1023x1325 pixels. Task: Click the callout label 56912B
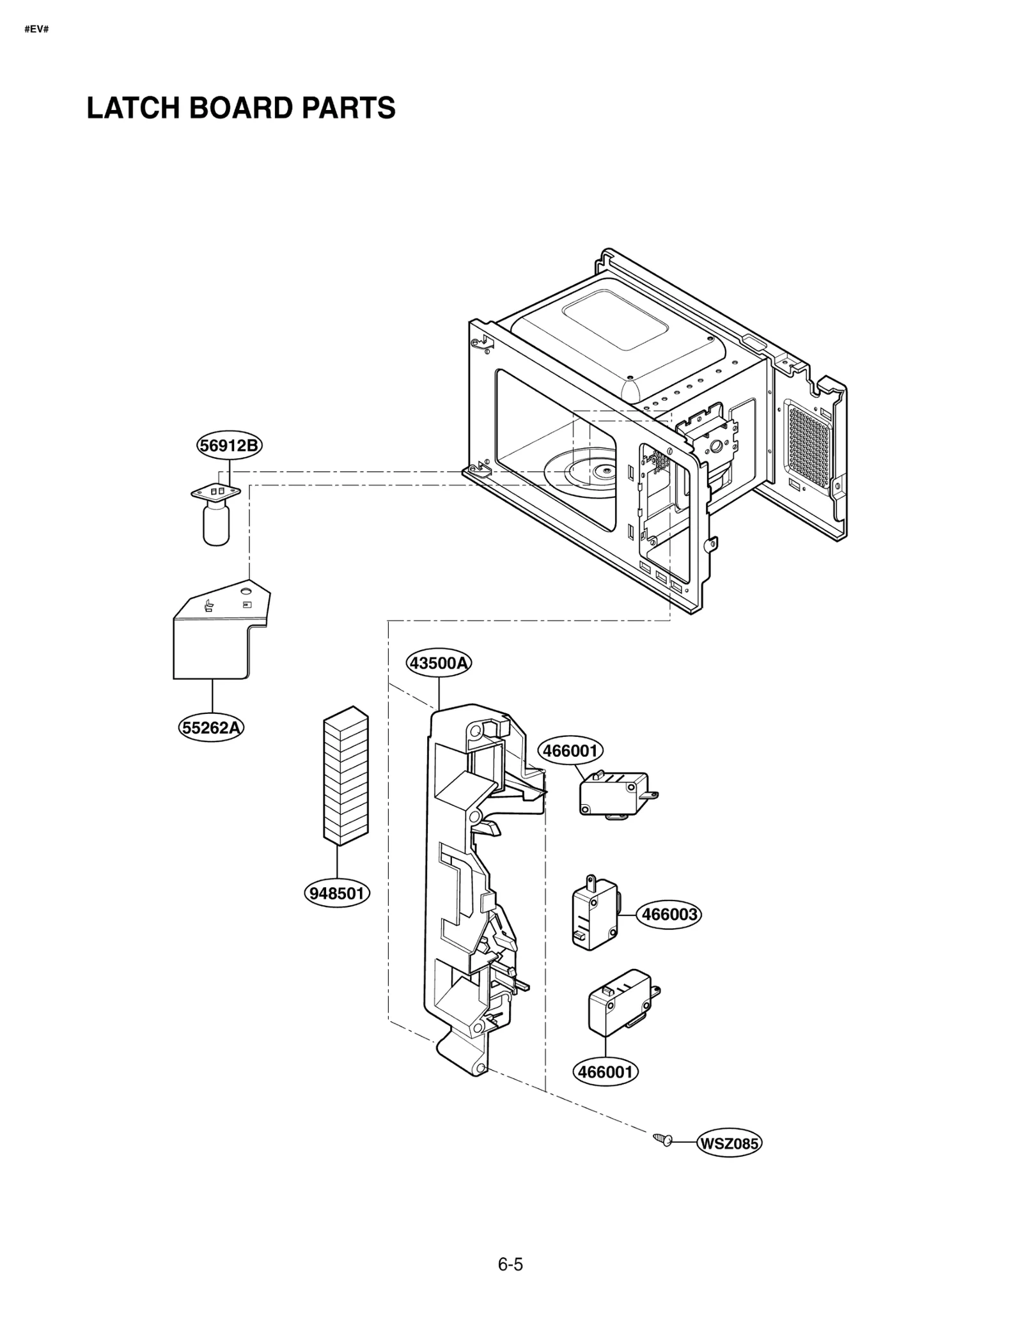[229, 445]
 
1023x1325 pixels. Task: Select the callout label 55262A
[212, 727]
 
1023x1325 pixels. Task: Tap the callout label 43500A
[439, 663]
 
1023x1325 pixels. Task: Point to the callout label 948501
[337, 893]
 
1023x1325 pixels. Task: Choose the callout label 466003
[669, 915]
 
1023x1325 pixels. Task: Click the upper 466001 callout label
[570, 750]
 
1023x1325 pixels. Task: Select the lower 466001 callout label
[605, 1072]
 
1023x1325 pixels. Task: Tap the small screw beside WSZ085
[663, 1139]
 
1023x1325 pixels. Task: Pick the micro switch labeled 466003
[595, 916]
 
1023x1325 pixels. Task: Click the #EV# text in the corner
[36, 30]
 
